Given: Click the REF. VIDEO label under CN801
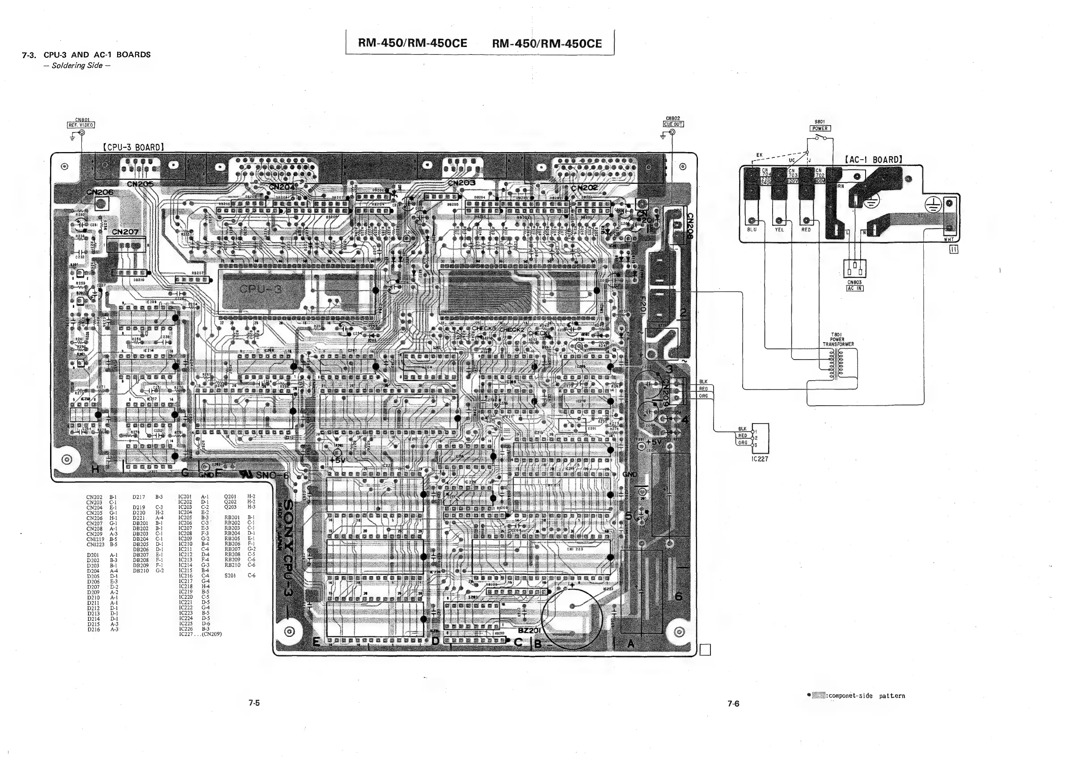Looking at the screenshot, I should [81, 125].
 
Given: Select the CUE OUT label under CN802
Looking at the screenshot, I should [673, 124].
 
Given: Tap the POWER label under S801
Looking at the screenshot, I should [820, 128].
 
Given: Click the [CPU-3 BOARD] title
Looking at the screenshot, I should [133, 147].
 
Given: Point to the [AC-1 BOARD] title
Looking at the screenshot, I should [873, 160].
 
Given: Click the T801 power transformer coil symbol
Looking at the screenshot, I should [837, 365].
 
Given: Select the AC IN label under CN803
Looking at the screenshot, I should [854, 288].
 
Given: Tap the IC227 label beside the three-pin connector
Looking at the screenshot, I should [760, 459].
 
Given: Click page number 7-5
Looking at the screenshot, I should [254, 703].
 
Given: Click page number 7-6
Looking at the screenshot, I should [734, 704].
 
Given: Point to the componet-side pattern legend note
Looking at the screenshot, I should [860, 696].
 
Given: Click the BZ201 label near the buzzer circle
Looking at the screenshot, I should [529, 631].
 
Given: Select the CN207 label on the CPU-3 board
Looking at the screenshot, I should [125, 232].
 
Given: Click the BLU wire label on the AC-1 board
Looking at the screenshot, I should [752, 230].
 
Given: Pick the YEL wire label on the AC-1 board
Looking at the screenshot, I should [779, 230].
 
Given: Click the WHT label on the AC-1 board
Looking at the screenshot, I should [948, 240].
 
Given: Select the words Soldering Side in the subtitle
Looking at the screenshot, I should [77, 65].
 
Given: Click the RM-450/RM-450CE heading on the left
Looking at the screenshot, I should [413, 43].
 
